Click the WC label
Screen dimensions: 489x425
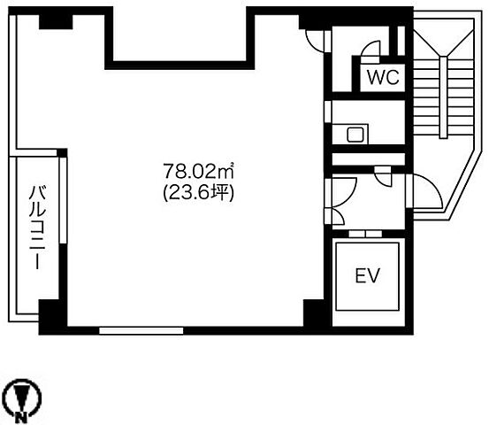[383, 77]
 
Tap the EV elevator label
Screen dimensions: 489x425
[368, 275]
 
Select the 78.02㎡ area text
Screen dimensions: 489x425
[199, 171]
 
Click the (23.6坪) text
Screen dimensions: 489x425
[199, 194]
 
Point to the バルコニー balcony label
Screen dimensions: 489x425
[37, 227]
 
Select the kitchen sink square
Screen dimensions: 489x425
[355, 135]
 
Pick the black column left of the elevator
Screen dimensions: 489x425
[315, 313]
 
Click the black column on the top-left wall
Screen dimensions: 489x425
[56, 22]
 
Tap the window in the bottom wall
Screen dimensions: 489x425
[141, 330]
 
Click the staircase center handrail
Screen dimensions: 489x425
[443, 97]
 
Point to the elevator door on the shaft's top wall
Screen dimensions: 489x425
[365, 234]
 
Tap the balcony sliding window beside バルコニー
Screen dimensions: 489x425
[63, 200]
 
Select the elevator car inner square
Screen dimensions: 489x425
[367, 276]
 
